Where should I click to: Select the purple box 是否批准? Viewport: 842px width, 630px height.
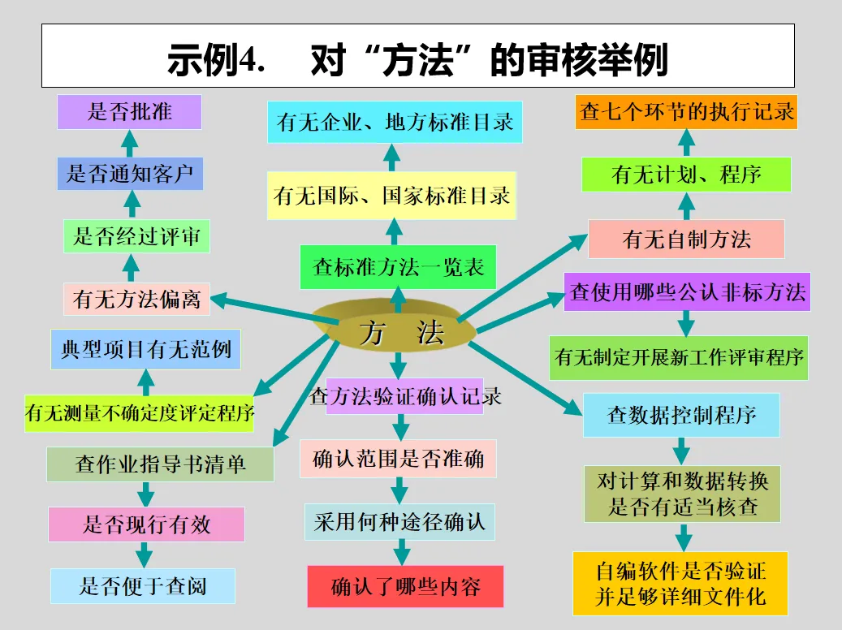point(129,111)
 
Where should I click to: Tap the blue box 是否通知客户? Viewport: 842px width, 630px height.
point(130,174)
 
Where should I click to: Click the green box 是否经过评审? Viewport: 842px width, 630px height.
point(131,236)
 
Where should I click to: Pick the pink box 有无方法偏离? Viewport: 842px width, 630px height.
point(136,299)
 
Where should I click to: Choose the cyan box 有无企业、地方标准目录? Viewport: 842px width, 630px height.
point(395,123)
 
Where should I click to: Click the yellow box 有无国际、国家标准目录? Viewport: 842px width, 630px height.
point(392,195)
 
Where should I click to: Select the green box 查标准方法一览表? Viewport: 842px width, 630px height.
point(397,266)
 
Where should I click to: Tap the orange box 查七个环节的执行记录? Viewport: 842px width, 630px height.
point(687,112)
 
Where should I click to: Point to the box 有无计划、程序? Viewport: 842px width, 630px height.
point(686,175)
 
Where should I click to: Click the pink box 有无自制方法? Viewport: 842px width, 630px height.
point(686,239)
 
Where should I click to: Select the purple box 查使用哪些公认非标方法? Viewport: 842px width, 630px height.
point(687,292)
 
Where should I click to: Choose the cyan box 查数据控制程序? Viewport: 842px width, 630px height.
point(681,415)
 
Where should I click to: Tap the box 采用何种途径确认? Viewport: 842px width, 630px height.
point(399,521)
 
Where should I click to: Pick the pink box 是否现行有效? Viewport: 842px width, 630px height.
point(146,524)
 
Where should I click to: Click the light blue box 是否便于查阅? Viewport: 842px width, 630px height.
point(143,585)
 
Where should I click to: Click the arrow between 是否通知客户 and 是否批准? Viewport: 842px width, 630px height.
point(130,144)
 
